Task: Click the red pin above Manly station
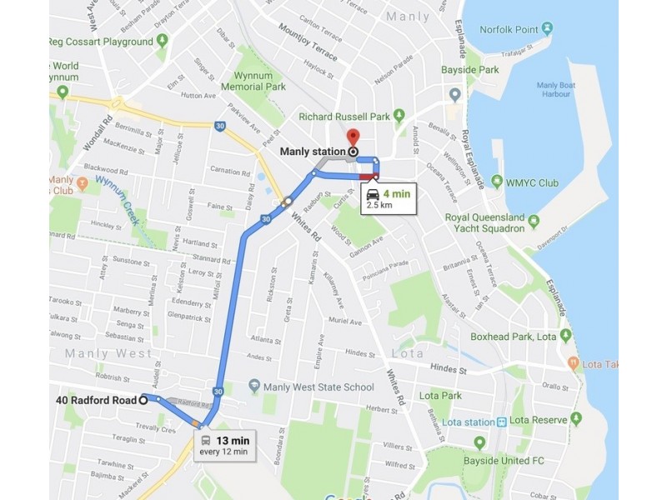click(x=353, y=137)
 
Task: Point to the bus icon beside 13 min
click(x=206, y=441)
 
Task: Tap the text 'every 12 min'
click(x=223, y=452)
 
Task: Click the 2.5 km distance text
click(x=379, y=205)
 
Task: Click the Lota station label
click(x=464, y=422)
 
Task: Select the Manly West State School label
click(x=318, y=387)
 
